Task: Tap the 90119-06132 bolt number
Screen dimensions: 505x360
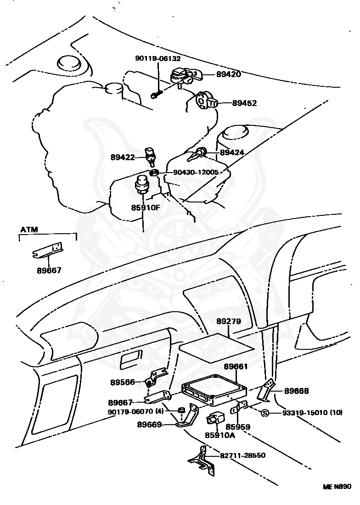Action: coord(157,59)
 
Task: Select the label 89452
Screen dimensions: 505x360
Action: coord(244,103)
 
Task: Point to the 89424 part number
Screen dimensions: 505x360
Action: coord(232,152)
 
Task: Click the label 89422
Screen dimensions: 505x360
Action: coord(123,157)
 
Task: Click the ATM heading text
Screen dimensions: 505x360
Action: coord(29,230)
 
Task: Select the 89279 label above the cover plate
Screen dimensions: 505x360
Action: coord(229,322)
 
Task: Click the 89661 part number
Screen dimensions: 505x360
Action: coord(236,367)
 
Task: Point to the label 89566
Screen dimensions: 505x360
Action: coord(123,382)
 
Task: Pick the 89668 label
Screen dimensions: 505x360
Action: coord(296,392)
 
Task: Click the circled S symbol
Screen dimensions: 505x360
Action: coord(264,413)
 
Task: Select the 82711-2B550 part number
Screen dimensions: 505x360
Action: coord(243,455)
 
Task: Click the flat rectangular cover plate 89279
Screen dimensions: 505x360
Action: coord(216,348)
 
